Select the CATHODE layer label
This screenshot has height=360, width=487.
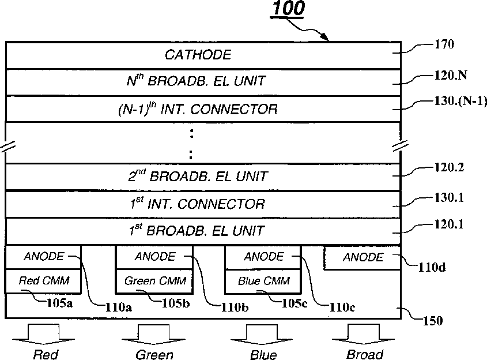click(x=198, y=55)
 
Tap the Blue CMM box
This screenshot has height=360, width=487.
click(x=262, y=281)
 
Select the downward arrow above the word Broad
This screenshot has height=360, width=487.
click(x=365, y=333)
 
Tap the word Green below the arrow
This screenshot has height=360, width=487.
click(x=154, y=354)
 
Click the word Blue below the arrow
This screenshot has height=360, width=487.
click(x=263, y=354)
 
